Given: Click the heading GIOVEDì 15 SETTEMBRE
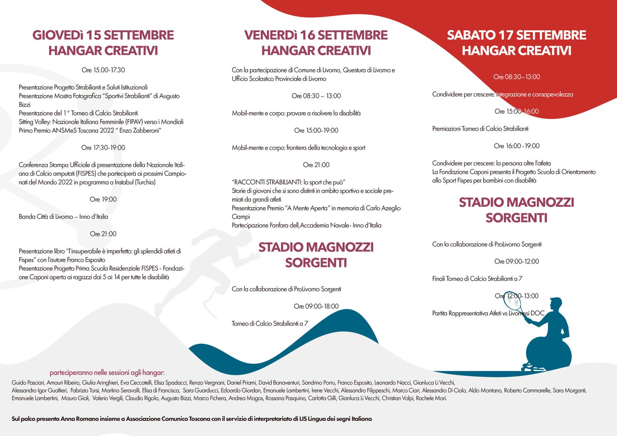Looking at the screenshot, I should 103,35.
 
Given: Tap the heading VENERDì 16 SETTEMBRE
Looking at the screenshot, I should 316,35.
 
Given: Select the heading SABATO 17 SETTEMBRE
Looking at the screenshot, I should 516,35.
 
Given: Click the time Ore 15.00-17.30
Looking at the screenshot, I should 103,70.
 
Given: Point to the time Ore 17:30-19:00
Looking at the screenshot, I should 103,147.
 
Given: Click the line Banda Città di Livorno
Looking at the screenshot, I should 64,216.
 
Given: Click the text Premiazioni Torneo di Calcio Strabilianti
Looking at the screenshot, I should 480,128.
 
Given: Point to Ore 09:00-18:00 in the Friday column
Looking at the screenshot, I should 316,306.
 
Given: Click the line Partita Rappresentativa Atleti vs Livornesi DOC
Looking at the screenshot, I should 488,313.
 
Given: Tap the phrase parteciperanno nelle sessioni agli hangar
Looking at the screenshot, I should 107,373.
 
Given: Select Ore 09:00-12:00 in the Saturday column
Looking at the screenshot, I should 516,261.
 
